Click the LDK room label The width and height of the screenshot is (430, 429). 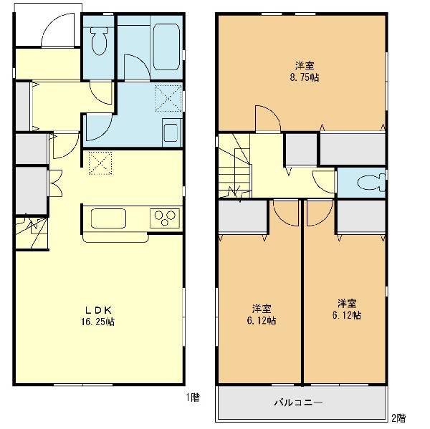(x=98, y=310)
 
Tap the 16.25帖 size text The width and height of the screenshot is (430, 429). (x=98, y=322)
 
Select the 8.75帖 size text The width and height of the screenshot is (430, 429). (x=305, y=77)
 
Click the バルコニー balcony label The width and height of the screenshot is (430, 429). (x=298, y=403)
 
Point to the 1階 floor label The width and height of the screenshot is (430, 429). (x=193, y=397)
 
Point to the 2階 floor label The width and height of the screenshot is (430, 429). (x=398, y=418)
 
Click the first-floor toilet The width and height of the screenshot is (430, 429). (x=99, y=40)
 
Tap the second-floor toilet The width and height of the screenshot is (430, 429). (x=371, y=183)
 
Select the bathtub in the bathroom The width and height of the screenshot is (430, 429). (x=167, y=47)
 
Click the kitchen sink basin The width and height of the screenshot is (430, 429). (x=108, y=218)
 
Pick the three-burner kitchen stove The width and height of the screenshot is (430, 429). (x=165, y=218)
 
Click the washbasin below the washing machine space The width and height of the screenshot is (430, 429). (x=171, y=132)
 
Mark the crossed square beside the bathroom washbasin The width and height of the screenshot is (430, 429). (x=168, y=98)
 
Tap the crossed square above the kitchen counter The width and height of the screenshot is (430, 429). (x=100, y=163)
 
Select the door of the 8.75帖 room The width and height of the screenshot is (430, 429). (x=268, y=118)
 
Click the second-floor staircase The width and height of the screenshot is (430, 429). (x=235, y=166)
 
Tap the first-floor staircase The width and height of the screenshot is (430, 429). (x=32, y=233)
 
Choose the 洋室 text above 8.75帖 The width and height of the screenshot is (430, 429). (x=305, y=66)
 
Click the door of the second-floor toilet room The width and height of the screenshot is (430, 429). (x=324, y=181)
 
